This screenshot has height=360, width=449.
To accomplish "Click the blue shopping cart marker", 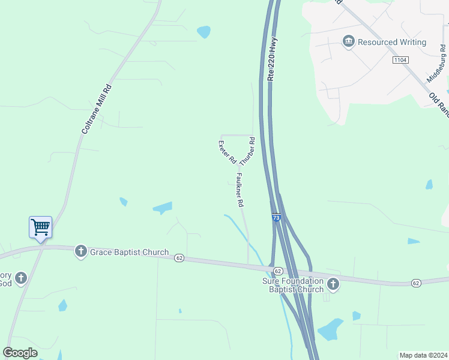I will tap(40, 227).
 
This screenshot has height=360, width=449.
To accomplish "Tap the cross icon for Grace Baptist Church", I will tap(81, 252).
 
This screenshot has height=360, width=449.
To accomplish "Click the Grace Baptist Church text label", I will tap(129, 253).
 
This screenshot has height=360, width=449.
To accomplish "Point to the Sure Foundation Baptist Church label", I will tap(293, 286).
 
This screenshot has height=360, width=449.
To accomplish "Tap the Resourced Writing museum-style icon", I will tap(348, 42).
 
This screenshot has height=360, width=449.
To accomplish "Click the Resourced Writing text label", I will tap(392, 43).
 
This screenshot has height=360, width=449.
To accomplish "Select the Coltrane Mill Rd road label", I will tap(97, 109).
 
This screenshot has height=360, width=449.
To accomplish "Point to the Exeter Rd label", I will tap(227, 152).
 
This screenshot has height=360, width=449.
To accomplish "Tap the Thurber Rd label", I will tap(247, 152).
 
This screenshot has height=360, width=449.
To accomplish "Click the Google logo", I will tap(20, 353).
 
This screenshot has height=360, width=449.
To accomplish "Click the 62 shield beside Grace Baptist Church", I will tap(179, 258).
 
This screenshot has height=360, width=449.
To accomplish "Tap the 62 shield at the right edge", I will tap(415, 283).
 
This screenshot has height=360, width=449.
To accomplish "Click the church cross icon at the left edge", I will tap(21, 278).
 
